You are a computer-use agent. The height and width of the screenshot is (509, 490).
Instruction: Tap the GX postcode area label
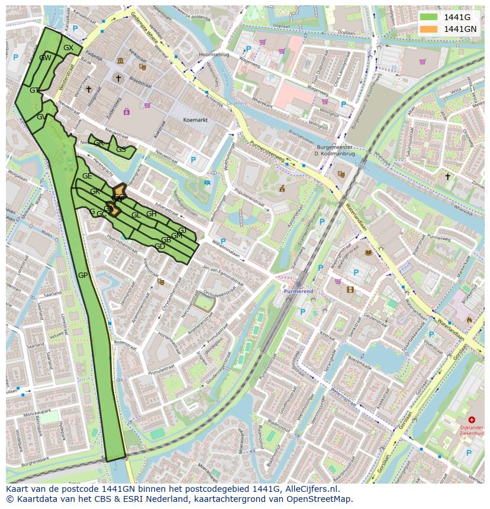tap(68, 48)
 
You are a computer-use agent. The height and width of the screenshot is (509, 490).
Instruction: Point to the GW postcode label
tap(45, 58)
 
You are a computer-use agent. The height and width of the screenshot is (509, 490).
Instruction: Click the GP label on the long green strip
tap(83, 275)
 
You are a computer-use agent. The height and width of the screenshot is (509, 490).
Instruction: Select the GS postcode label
tap(121, 150)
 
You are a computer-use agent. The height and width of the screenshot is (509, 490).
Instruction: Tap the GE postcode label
tap(87, 176)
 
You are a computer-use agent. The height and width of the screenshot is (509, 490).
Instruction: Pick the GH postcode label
tap(151, 214)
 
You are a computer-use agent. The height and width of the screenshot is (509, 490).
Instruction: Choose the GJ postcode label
tap(182, 230)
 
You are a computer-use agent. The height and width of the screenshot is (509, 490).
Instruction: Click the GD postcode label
tap(159, 246)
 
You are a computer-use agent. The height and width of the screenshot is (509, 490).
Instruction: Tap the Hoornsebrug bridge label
tap(213, 54)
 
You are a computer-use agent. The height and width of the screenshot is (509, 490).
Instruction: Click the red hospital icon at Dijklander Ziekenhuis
tap(471, 420)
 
